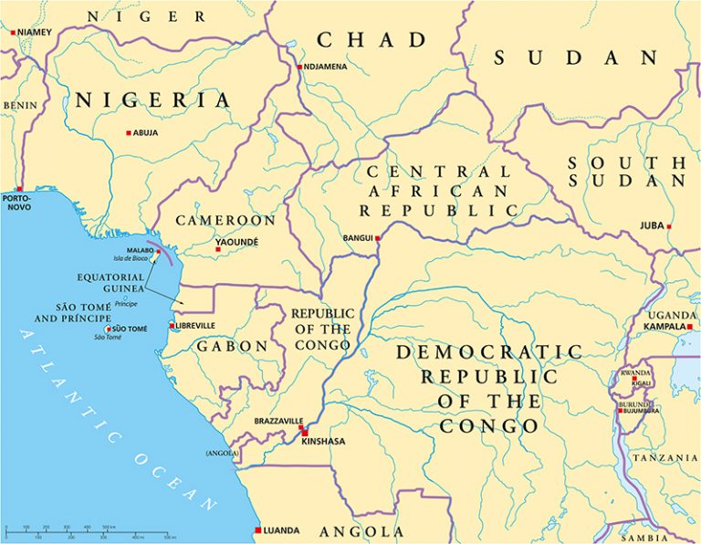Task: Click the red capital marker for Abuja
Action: (130, 132)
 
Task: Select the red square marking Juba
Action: (669, 226)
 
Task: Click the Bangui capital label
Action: (357, 238)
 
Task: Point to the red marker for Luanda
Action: (258, 529)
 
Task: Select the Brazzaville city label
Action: (277, 421)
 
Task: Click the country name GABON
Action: (231, 347)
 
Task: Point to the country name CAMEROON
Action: (225, 221)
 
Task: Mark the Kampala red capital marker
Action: (690, 326)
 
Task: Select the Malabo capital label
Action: (140, 250)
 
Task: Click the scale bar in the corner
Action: (64, 529)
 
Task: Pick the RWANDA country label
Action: (636, 372)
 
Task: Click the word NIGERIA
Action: (152, 100)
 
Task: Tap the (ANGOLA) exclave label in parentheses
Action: (222, 453)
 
